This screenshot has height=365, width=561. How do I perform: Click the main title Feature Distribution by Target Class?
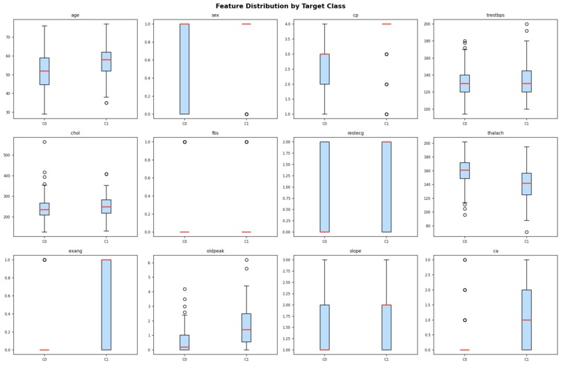280,6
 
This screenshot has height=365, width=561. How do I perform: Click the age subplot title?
75,15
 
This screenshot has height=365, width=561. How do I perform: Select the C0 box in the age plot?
45,71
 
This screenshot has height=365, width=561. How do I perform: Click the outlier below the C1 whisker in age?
106,102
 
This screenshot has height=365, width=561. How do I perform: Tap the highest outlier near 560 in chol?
45,142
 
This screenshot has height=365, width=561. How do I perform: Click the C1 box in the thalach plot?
526,184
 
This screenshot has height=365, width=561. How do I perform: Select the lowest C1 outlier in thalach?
526,232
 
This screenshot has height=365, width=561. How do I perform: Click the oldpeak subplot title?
215,251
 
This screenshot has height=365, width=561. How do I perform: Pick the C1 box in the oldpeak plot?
246,327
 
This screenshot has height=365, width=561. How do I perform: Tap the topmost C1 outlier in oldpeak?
246,260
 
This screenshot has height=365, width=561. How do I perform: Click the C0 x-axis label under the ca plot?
464,359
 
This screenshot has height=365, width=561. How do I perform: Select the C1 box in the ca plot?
526,320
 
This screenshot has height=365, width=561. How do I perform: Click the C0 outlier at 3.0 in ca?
464,260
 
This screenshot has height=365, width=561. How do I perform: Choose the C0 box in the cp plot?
324,69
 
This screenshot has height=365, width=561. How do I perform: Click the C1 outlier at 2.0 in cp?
386,84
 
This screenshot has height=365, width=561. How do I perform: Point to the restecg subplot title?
355,133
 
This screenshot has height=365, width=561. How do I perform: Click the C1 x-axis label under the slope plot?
386,359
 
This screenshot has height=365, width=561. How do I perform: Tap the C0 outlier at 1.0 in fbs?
184,142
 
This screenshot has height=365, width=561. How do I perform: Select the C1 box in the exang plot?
106,304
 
